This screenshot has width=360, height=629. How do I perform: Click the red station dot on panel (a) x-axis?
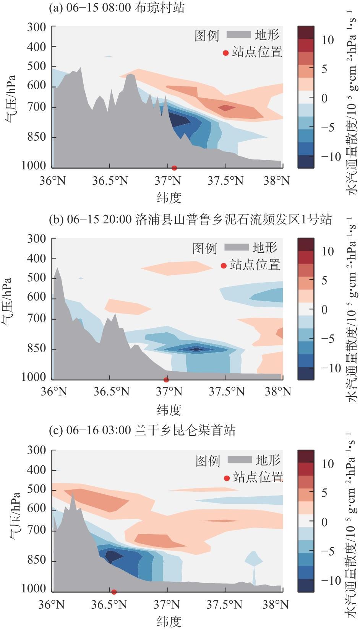(x=174, y=168)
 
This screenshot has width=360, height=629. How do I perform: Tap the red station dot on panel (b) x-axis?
(x=166, y=380)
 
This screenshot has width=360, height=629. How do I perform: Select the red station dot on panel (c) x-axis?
(x=114, y=592)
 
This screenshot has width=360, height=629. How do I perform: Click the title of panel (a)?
(x=117, y=8)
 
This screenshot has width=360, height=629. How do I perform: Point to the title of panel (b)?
(x=190, y=220)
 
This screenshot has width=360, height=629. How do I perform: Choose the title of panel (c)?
(x=142, y=431)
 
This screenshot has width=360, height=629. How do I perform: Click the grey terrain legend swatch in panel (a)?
(x=238, y=35)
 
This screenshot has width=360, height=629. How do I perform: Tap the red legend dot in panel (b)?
(x=224, y=266)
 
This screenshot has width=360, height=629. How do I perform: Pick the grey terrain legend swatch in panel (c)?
(x=240, y=460)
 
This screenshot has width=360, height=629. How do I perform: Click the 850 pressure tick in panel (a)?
(x=37, y=137)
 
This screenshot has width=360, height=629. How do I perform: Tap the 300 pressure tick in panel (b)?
(x=37, y=239)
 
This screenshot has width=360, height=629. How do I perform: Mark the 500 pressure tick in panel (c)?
(x=37, y=490)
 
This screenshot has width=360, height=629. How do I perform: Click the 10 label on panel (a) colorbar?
(x=327, y=40)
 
